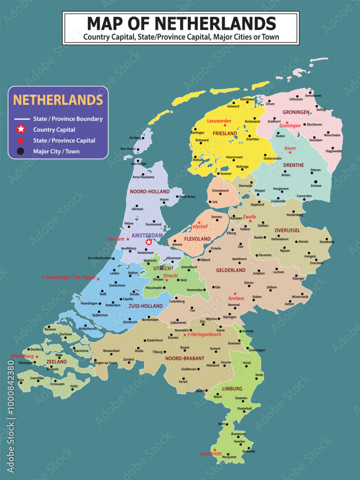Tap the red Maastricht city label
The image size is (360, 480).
pyautogui.click(x=211, y=454)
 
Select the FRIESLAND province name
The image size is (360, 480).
pyautogui.click(x=225, y=133)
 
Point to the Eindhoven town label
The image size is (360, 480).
pyautogui.click(x=189, y=369)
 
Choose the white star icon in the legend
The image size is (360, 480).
pyautogui.click(x=21, y=129)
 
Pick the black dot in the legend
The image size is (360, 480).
pyautogui.click(x=21, y=151)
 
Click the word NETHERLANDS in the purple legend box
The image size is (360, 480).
pyautogui.click(x=58, y=100)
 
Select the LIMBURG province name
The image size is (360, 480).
pyautogui.click(x=232, y=388)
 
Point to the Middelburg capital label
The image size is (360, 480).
pyautogui.click(x=22, y=356)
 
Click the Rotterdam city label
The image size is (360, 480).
pyautogui.click(x=113, y=305)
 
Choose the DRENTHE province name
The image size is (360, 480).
pyautogui.click(x=294, y=165)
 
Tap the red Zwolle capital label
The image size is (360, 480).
pyautogui.click(x=250, y=216)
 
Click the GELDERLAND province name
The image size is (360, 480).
pyautogui.click(x=231, y=270)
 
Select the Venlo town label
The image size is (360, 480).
pyautogui.click(x=259, y=375)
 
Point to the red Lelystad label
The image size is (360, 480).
pyautogui.click(x=199, y=226)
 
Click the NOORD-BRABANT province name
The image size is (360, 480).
pyautogui.click(x=184, y=358)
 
